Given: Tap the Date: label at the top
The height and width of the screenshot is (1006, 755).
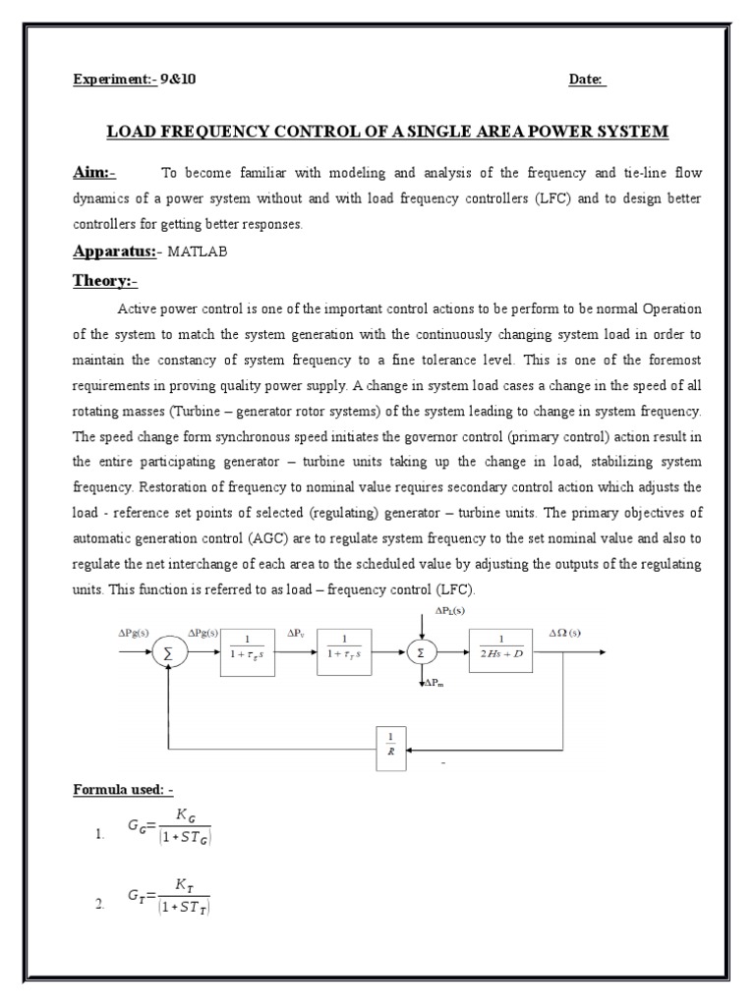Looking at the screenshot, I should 587,80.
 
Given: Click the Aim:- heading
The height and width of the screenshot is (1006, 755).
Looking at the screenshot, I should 94,173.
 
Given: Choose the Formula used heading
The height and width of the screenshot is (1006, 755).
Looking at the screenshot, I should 123,789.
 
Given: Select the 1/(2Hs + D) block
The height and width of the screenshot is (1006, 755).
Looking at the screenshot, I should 502,652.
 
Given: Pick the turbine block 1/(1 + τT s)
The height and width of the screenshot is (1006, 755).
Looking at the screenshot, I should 346,652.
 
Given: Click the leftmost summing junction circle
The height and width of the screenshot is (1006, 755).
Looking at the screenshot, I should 169,652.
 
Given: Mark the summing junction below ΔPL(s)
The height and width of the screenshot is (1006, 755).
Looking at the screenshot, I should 421,651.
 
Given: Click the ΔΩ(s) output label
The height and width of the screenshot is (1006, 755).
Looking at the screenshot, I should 564,634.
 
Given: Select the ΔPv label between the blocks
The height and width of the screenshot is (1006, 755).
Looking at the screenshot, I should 296,635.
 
